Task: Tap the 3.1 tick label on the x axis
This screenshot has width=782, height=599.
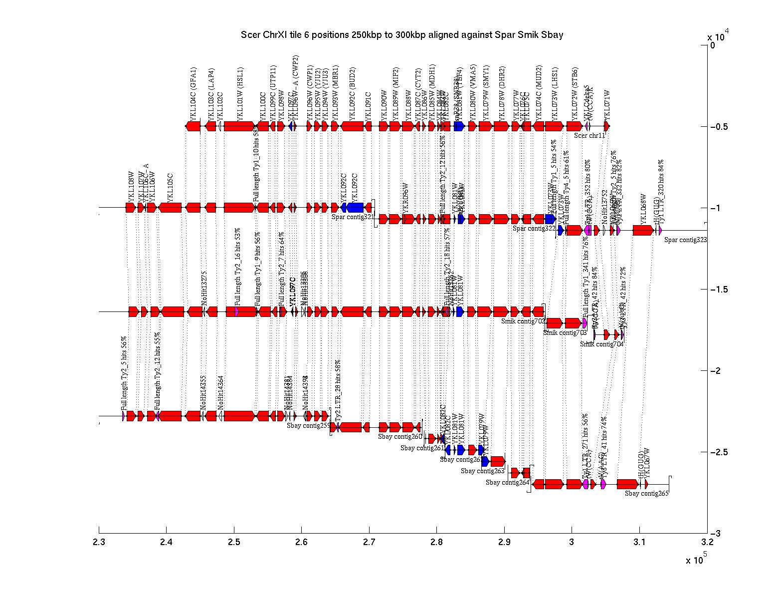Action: coord(639,542)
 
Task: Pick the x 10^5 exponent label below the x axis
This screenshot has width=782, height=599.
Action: coord(696,560)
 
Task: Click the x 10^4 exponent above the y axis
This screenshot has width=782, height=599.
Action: coord(718,36)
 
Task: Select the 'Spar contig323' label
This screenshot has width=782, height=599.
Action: coord(685,240)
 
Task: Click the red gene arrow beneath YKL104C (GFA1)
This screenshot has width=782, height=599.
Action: coord(193,126)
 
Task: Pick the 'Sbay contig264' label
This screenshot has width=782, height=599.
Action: coord(507,482)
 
